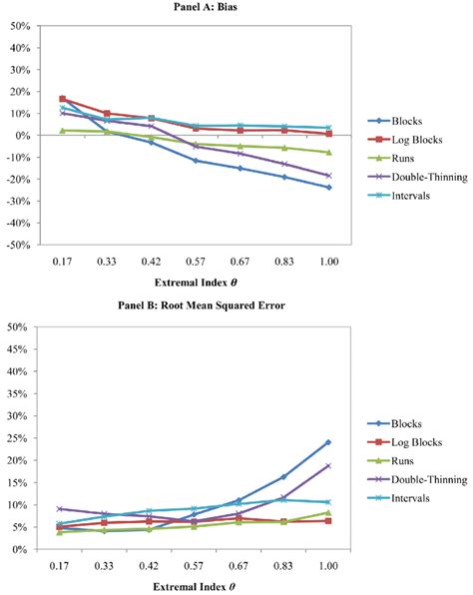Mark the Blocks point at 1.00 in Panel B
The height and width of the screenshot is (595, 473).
coord(327,442)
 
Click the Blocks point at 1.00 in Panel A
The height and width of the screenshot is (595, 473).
coord(327,187)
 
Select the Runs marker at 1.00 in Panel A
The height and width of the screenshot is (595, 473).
coord(327,152)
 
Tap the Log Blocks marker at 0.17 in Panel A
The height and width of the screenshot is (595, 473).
coord(63,99)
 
